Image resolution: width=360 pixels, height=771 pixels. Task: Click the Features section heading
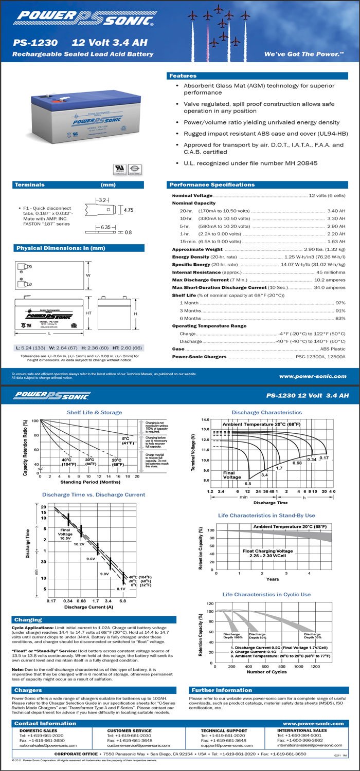[x=183, y=76]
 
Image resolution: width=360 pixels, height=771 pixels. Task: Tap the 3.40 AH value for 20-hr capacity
[x=336, y=211]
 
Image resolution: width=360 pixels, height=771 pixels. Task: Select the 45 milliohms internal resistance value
[x=331, y=272]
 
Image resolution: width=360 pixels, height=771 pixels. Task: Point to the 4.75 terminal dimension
[x=129, y=210]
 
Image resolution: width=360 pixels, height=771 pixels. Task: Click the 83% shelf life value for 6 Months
[x=340, y=318]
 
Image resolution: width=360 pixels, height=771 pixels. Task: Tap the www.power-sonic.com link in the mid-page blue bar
[x=312, y=376]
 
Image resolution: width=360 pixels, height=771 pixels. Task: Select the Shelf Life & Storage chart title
[x=94, y=412]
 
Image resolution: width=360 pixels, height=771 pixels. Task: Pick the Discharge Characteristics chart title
[x=266, y=412]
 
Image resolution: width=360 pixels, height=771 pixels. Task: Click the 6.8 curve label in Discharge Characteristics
[x=247, y=484]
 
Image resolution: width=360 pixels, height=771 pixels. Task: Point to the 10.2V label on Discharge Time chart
[x=79, y=544]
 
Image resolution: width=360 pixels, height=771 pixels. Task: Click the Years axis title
[x=273, y=579]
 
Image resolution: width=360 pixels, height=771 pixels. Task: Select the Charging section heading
[x=28, y=620]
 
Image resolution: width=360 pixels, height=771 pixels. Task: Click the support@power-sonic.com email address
[x=223, y=745]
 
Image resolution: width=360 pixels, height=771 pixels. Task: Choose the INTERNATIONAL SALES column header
[x=302, y=730]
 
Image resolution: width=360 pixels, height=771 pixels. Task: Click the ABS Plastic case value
[x=333, y=349]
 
